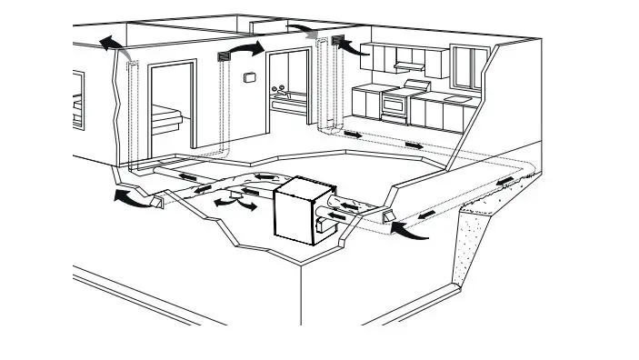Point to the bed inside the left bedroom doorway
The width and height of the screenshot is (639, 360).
coord(169,115)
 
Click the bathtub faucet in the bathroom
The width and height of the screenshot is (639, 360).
coord(282,88)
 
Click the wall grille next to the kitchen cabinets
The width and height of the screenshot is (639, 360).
coord(341,40)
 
